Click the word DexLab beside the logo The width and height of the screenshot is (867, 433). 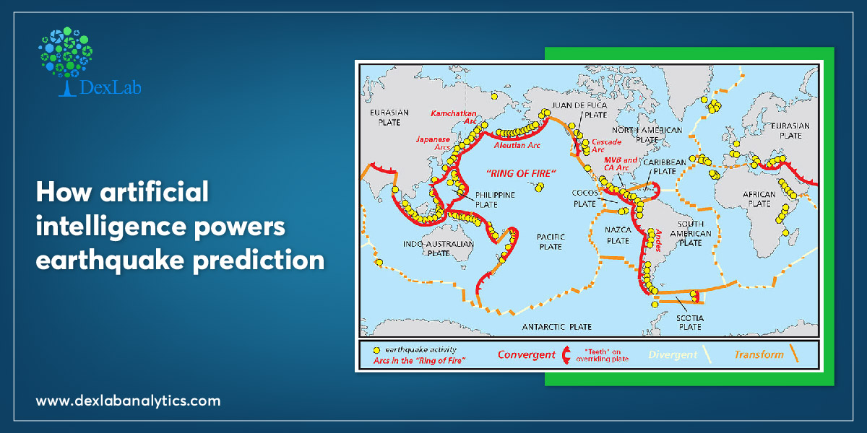click(x=111, y=87)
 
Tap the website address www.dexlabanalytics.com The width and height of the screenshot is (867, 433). click(x=128, y=401)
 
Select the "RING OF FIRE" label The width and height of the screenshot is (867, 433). click(x=521, y=173)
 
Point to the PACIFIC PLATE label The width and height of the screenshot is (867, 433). click(x=551, y=242)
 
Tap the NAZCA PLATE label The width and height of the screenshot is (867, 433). click(x=618, y=235)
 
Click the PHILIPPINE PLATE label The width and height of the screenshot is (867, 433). click(x=495, y=200)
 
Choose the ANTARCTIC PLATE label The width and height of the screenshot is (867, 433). click(x=556, y=327)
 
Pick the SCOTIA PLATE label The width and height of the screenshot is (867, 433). click(x=690, y=323)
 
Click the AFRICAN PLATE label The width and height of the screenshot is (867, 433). click(x=759, y=199)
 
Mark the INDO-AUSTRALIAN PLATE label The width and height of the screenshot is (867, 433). click(x=438, y=248)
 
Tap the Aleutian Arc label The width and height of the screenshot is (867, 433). click(x=517, y=145)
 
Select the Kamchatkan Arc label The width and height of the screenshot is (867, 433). click(x=453, y=117)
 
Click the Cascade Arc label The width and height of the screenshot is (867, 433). click(x=606, y=146)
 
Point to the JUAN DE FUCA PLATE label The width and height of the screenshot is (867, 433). click(x=579, y=110)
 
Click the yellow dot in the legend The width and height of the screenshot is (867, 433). click(x=376, y=350)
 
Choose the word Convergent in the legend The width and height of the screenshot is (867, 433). click(x=527, y=354)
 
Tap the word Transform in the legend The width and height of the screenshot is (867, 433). click(x=759, y=354)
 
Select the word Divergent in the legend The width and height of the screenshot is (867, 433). click(x=673, y=355)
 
